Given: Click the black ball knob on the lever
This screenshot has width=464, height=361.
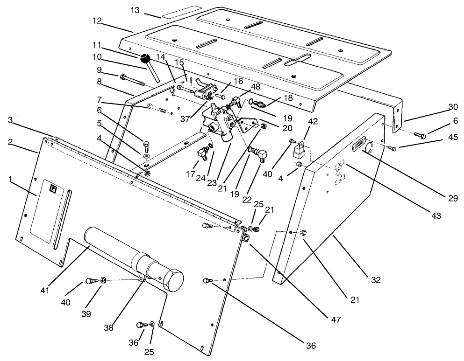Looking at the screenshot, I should click(x=145, y=59).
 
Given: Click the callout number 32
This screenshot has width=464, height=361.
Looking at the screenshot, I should click(x=375, y=280).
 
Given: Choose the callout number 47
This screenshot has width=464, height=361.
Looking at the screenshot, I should click(x=335, y=320).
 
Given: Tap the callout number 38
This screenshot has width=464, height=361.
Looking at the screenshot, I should click(x=109, y=328).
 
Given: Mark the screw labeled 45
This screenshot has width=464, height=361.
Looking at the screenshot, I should click(x=392, y=148).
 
